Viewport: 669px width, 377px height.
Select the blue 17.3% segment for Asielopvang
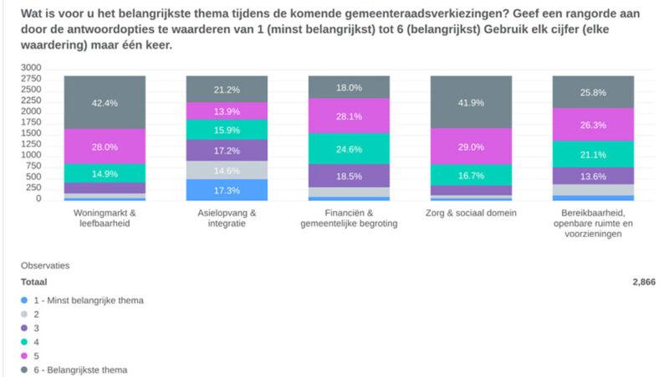227,191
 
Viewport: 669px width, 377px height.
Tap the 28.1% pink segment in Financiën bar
349,116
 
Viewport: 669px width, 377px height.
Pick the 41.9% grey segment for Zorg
471,102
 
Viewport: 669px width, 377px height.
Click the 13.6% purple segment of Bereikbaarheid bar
593,176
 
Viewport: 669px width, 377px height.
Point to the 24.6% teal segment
349,150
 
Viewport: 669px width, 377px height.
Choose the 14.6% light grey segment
227,170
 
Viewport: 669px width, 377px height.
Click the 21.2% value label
227,90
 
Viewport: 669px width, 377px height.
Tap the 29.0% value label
471,147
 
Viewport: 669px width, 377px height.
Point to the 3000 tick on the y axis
30,67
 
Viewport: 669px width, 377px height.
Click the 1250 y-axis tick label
30,144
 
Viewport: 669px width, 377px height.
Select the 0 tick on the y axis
38,199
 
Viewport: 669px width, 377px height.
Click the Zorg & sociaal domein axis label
471,213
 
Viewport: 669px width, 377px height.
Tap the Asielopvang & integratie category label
227,218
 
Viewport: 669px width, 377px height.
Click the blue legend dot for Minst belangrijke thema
25,299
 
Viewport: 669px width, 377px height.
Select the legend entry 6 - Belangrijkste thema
79,369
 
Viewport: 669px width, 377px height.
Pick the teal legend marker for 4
25,341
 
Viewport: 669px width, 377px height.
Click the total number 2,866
643,282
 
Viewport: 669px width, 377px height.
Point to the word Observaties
44,265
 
